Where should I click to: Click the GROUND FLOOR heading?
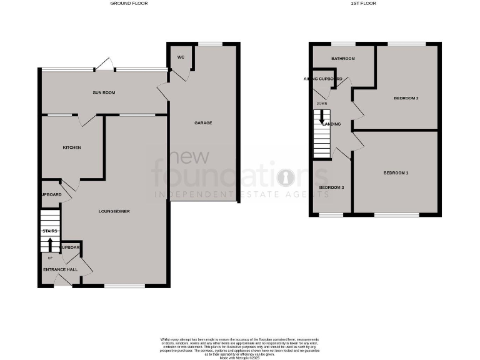tap(129, 4)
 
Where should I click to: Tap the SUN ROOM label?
tap(104, 92)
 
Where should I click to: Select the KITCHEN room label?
tap(72, 147)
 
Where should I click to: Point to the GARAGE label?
tap(202, 122)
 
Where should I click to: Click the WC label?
tap(181, 57)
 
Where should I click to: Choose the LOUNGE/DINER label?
tap(114, 212)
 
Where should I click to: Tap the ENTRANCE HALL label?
tap(59, 269)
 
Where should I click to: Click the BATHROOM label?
tap(342, 59)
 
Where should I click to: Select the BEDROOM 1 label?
tap(396, 172)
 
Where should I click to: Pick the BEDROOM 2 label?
tap(406, 99)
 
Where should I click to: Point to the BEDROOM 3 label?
tap(331, 187)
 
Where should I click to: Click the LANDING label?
tap(331, 124)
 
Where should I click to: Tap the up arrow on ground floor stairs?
tap(51, 243)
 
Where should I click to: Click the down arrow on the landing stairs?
tap(322, 116)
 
